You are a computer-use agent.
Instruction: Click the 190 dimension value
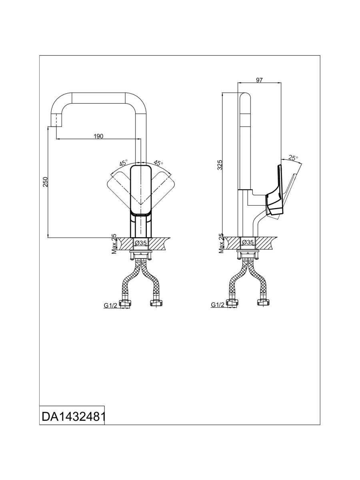(x=98, y=136)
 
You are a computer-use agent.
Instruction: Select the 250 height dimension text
(x=46, y=182)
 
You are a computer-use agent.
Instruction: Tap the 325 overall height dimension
(x=220, y=165)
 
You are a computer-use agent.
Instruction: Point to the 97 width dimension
(x=259, y=80)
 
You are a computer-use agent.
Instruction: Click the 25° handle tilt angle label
(x=293, y=158)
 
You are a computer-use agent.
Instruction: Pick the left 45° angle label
(x=124, y=163)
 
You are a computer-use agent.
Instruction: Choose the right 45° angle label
(x=158, y=163)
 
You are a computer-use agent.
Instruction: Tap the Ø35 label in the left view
(x=141, y=242)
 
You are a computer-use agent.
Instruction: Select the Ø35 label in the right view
(x=248, y=242)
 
